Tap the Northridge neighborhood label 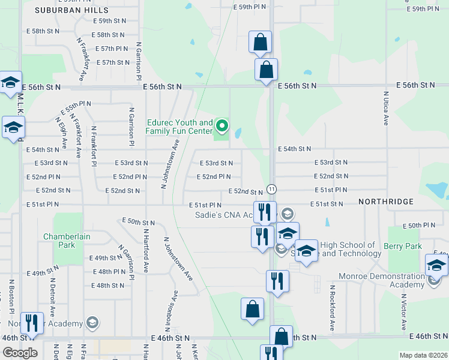(386, 202)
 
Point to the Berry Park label (402, 246)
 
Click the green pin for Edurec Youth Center (222, 126)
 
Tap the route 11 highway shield (271, 189)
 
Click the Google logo (20, 352)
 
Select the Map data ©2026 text (423, 355)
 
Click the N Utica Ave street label (386, 108)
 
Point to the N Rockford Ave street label (331, 308)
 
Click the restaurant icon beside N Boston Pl (32, 323)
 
